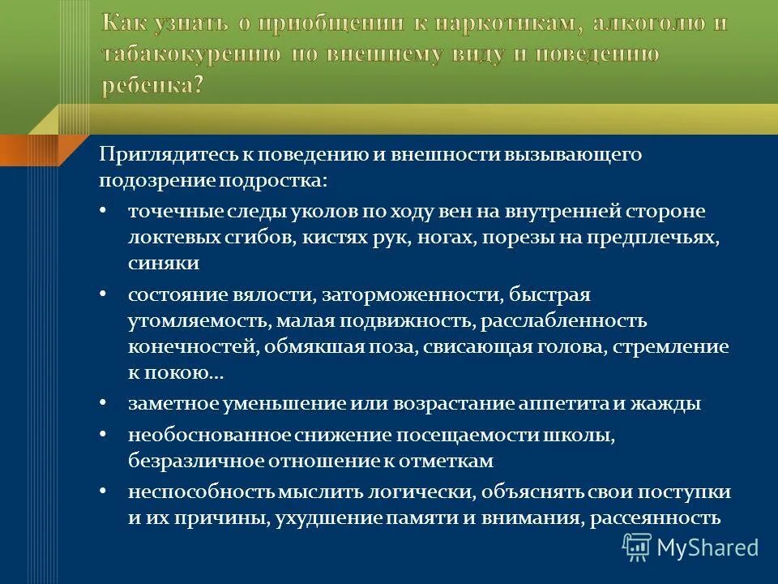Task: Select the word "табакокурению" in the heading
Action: pyautogui.click(x=191, y=55)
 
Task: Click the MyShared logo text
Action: pyautogui.click(x=707, y=547)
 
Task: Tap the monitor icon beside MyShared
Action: pyautogui.click(x=637, y=547)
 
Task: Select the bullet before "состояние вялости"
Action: pyautogui.click(x=103, y=294)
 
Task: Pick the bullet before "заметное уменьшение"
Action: pyautogui.click(x=103, y=403)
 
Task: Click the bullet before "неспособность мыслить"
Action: pyautogui.click(x=103, y=492)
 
